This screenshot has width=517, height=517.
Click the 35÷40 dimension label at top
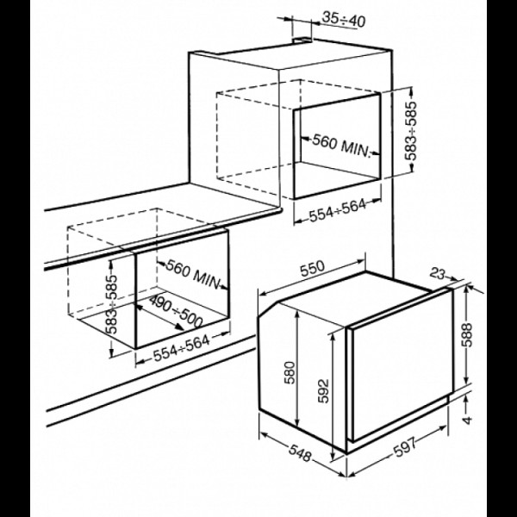(x=343, y=20)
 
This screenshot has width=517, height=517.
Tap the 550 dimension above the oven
(x=312, y=268)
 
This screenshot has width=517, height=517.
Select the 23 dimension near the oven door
(x=438, y=273)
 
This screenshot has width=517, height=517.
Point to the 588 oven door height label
(x=467, y=335)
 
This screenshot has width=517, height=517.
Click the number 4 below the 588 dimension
(x=467, y=420)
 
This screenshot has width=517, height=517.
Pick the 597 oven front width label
(x=405, y=446)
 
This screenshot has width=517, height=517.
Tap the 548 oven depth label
(x=300, y=453)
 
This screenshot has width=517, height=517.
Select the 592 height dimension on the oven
(x=323, y=390)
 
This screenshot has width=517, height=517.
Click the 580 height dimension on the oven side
(x=290, y=372)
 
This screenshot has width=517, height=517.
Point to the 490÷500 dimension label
(x=176, y=311)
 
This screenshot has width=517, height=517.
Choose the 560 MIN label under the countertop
(x=192, y=274)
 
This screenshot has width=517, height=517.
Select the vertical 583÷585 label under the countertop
(x=112, y=304)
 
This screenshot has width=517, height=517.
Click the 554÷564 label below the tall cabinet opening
(x=337, y=210)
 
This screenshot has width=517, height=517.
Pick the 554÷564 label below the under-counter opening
(x=181, y=348)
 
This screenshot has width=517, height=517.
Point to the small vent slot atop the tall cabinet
(x=302, y=40)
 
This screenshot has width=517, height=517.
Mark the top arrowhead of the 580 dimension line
(x=297, y=315)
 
